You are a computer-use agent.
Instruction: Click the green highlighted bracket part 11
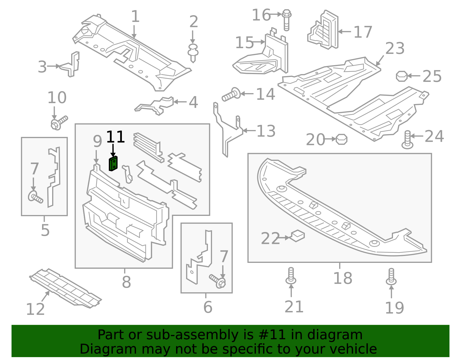(x=113, y=164)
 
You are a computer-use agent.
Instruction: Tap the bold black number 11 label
(x=115, y=137)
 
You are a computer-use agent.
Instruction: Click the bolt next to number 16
(x=286, y=20)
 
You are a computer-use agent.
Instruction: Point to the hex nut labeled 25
(x=402, y=76)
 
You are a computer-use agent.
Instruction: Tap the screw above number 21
(x=291, y=276)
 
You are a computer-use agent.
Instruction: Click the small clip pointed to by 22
(x=298, y=236)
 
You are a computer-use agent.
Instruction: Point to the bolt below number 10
(x=59, y=122)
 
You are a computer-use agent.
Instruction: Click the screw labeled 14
(x=231, y=95)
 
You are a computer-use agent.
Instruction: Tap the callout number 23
(x=395, y=48)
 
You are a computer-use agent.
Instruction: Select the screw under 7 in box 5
(x=35, y=198)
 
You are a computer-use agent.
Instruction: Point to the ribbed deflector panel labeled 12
(x=65, y=288)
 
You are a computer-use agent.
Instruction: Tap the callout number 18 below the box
(x=342, y=278)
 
